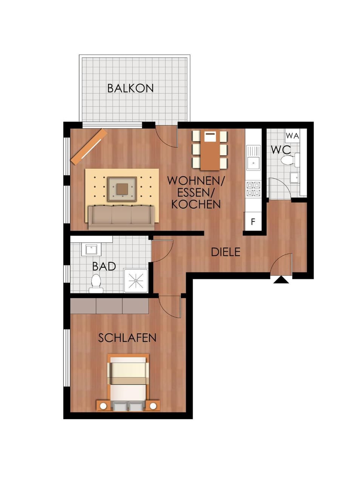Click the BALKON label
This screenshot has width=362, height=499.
(x=130, y=88)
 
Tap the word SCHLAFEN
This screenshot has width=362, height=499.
(x=127, y=338)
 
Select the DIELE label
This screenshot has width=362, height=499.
(x=225, y=252)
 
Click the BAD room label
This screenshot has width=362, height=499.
(x=104, y=266)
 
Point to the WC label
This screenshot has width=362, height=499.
(x=281, y=150)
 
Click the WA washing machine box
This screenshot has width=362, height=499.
(x=292, y=135)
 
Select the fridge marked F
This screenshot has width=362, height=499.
(x=253, y=222)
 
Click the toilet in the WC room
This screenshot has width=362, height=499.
(x=288, y=160)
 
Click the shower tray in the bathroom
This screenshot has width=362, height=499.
(x=136, y=280)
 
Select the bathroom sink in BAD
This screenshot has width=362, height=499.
(x=91, y=249)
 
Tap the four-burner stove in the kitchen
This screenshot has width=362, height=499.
(x=253, y=189)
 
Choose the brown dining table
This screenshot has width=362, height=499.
(x=210, y=150)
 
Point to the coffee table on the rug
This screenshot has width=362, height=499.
(x=122, y=189)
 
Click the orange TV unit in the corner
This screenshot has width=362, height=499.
(x=89, y=147)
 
